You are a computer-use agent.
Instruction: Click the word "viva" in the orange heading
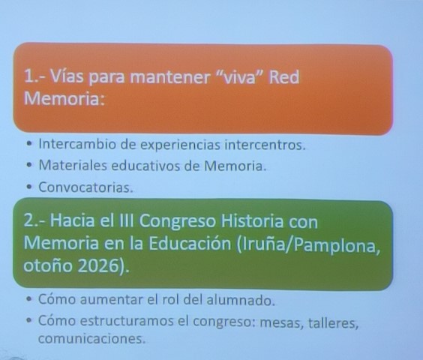coord(233,79)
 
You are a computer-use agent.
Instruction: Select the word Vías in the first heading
coord(67,79)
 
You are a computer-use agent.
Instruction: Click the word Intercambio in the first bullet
coord(76,145)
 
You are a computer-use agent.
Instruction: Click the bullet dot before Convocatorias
coord(29,187)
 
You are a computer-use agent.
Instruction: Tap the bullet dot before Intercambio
coord(29,145)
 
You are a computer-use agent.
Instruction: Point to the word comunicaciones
coord(91,339)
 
